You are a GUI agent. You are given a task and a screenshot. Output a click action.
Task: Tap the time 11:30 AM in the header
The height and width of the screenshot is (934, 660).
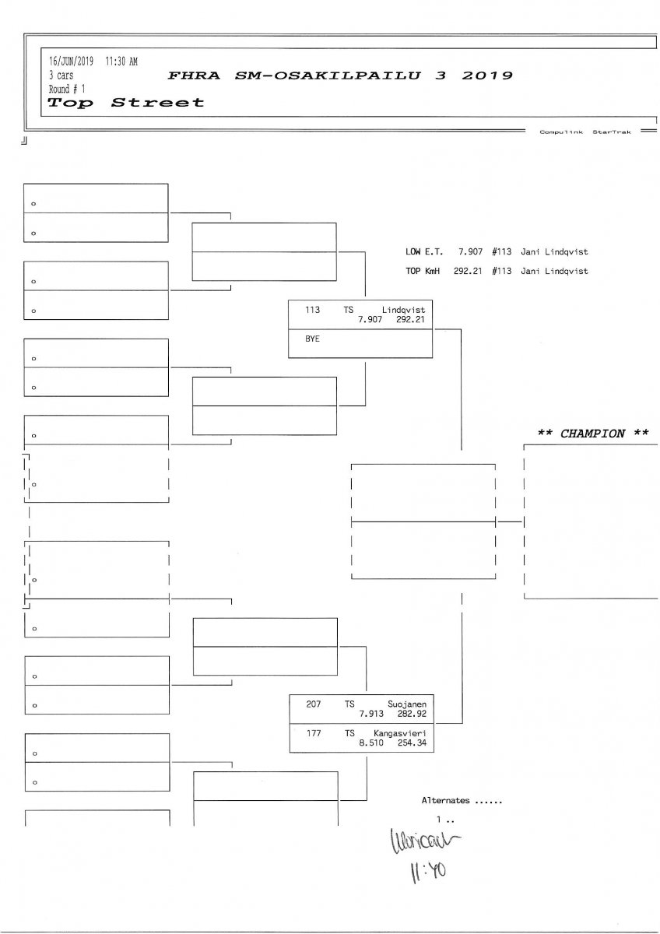[121, 61]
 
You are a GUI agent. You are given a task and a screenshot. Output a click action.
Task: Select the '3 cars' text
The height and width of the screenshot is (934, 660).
[61, 75]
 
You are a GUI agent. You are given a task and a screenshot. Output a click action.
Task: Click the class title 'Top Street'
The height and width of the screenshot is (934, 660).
[126, 103]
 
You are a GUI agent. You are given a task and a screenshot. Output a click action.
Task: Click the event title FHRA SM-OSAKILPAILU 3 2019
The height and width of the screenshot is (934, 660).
[340, 75]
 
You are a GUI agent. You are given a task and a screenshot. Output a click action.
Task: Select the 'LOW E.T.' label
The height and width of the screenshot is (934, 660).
[423, 252]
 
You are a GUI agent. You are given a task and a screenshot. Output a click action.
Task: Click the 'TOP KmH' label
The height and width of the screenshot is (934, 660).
[423, 271]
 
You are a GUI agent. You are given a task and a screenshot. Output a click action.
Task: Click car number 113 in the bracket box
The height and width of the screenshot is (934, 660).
[313, 310]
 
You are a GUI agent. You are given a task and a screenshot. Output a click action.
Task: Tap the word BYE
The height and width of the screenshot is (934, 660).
[313, 339]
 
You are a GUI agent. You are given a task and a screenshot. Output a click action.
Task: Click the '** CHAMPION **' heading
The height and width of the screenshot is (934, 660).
[593, 434]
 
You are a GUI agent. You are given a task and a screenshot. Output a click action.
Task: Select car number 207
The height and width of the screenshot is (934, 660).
[314, 704]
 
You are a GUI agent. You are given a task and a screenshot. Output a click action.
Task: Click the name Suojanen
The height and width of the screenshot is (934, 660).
[406, 704]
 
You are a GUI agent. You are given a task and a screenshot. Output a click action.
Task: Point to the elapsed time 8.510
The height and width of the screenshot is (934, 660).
[372, 743]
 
